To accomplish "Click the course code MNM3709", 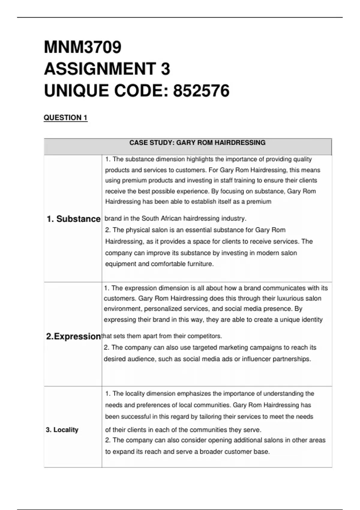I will [x=82, y=47].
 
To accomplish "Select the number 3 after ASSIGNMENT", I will [x=165, y=69].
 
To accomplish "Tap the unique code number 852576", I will [x=201, y=91].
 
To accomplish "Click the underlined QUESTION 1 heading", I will [x=65, y=118].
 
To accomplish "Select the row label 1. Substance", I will [x=73, y=219].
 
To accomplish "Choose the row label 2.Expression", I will [x=73, y=336].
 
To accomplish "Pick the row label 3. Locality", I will [x=62, y=430].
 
